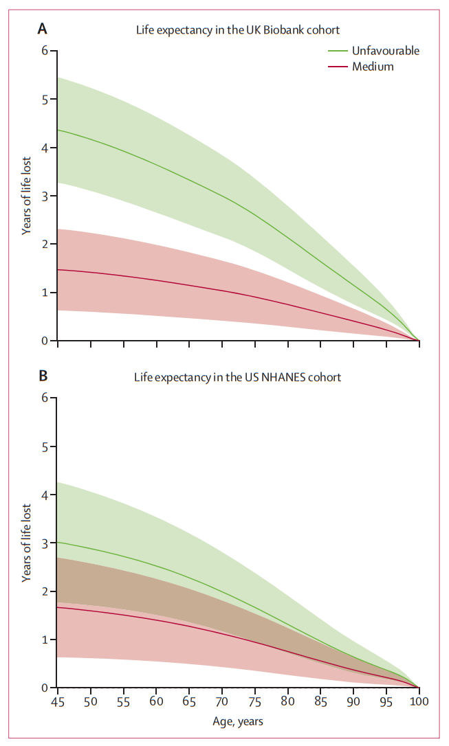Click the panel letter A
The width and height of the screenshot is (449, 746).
[43, 29]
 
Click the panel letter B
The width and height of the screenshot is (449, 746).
[43, 376]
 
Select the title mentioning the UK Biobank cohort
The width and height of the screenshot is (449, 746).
[238, 30]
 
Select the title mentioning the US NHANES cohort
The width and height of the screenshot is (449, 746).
[238, 377]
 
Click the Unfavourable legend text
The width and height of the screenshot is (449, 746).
[386, 51]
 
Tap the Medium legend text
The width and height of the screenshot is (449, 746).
[373, 67]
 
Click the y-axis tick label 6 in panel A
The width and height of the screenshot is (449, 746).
[45, 51]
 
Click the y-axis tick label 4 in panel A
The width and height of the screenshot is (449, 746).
[45, 148]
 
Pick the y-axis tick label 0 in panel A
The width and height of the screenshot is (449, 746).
[45, 341]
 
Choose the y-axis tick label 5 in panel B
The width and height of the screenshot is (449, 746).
[45, 447]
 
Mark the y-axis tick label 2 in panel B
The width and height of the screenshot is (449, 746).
[45, 591]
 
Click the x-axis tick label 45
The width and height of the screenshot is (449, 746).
[58, 701]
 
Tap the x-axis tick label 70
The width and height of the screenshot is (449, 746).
[222, 701]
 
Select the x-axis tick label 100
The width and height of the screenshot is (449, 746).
[419, 701]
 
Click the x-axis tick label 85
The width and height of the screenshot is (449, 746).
[320, 701]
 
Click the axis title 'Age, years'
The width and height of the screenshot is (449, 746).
[238, 721]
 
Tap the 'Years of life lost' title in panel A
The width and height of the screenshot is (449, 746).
[26, 196]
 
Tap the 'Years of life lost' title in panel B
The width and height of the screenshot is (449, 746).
[26, 543]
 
